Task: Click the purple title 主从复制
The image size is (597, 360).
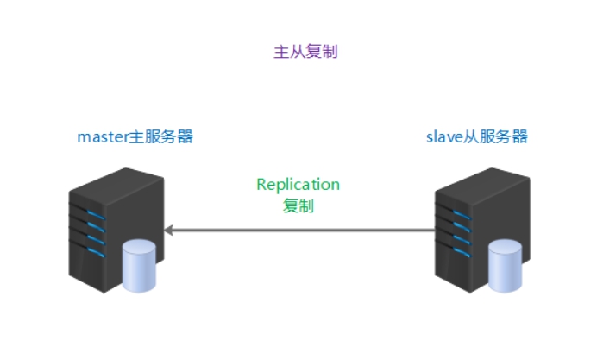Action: pos(305,52)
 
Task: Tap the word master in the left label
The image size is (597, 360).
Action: pos(103,136)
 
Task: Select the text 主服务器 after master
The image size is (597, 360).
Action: pos(161,136)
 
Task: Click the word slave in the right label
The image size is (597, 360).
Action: pos(444,136)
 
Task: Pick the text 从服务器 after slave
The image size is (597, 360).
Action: pos(495,136)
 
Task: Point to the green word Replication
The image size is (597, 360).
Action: pos(298,185)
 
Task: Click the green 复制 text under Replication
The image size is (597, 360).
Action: pos(298,206)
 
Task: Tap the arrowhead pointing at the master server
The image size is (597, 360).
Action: pos(169,231)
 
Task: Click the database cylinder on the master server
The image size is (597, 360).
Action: pos(139,266)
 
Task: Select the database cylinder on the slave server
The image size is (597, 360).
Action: pos(506,266)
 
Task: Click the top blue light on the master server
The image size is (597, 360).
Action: pos(96,215)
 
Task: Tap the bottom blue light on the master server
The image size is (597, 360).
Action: pos(96,252)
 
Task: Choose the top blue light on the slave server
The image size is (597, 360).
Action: pos(462,215)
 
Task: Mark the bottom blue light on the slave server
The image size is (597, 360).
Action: pos(462,252)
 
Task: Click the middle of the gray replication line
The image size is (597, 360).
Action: pos(299,231)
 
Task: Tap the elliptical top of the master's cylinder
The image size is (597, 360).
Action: pos(139,246)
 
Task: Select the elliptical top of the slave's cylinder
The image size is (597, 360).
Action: pos(506,246)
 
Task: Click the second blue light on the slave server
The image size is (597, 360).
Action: pos(462,227)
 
